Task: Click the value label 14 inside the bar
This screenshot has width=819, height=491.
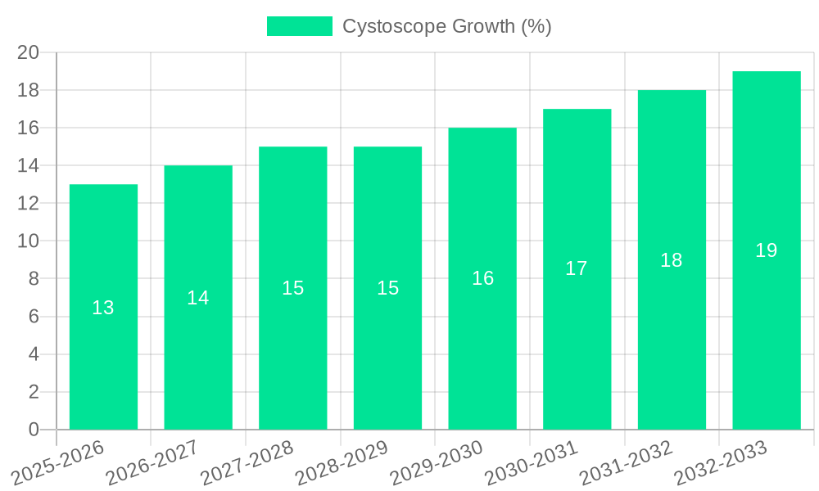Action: click(198, 298)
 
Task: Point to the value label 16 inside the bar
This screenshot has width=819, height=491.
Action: click(482, 278)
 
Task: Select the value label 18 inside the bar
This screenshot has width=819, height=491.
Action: click(672, 260)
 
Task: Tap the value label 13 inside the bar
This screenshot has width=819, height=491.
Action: click(103, 308)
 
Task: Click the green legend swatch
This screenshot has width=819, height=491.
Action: click(300, 26)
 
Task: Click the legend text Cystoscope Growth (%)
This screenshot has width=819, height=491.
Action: click(447, 26)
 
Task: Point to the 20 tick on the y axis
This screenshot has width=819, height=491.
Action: click(29, 52)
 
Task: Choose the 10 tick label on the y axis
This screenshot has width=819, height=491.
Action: click(29, 241)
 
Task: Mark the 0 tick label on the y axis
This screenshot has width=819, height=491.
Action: click(34, 430)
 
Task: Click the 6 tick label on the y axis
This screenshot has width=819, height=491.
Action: click(34, 317)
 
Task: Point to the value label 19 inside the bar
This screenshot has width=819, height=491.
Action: click(767, 250)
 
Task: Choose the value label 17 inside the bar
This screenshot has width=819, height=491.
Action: click(577, 268)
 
